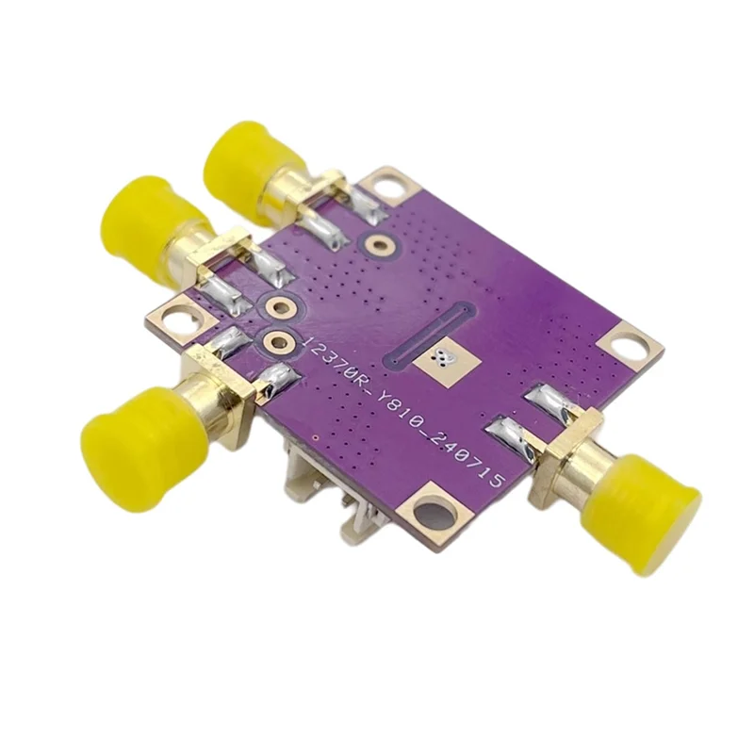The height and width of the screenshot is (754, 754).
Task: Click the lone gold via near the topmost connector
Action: point(381,245)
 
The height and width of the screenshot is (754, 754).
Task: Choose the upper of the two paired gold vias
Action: point(278,308)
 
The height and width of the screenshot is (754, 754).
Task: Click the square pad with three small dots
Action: point(443,358)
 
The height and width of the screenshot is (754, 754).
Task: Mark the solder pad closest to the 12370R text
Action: point(278,379)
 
